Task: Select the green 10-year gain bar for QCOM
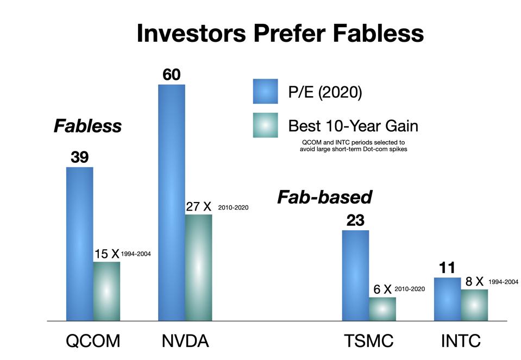106,291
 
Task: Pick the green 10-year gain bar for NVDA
198,267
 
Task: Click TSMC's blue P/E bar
355,275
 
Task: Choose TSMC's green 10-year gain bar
382,308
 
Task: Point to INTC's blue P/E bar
447,299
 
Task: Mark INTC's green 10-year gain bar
474,305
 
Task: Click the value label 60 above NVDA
171,75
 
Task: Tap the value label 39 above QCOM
79,157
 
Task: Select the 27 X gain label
198,207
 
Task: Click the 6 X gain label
382,289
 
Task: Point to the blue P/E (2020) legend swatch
265,91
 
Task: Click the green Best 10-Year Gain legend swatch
265,125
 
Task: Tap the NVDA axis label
185,341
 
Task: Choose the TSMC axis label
369,341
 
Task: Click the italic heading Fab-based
324,197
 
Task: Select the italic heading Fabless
87,126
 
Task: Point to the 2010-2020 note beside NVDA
233,207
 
